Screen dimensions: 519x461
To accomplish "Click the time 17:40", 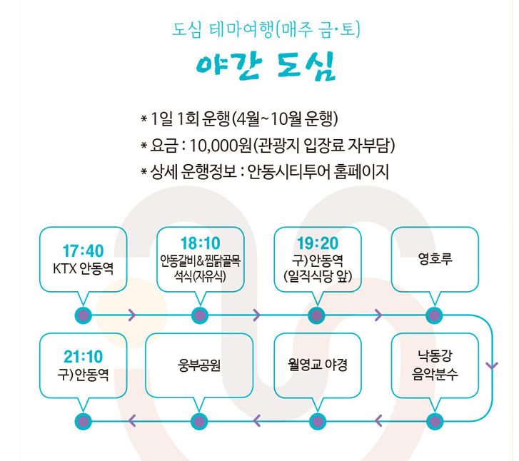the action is pyautogui.click(x=83, y=251).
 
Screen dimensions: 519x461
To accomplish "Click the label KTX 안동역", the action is pyautogui.click(x=83, y=268).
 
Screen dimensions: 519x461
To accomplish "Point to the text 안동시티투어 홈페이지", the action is pyautogui.click(x=318, y=172).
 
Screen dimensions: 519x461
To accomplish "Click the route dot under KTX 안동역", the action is pyautogui.click(x=83, y=315).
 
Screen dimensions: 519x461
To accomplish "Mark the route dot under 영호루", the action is pyautogui.click(x=434, y=315).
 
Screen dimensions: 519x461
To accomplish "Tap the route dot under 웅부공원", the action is pyautogui.click(x=200, y=421).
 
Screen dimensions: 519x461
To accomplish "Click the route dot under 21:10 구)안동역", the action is pyautogui.click(x=83, y=421).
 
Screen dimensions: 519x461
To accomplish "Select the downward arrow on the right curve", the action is pyautogui.click(x=491, y=366).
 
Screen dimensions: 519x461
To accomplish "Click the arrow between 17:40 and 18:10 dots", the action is pyautogui.click(x=132, y=315).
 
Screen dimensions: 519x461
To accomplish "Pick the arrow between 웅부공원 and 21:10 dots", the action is pyautogui.click(x=132, y=421).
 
